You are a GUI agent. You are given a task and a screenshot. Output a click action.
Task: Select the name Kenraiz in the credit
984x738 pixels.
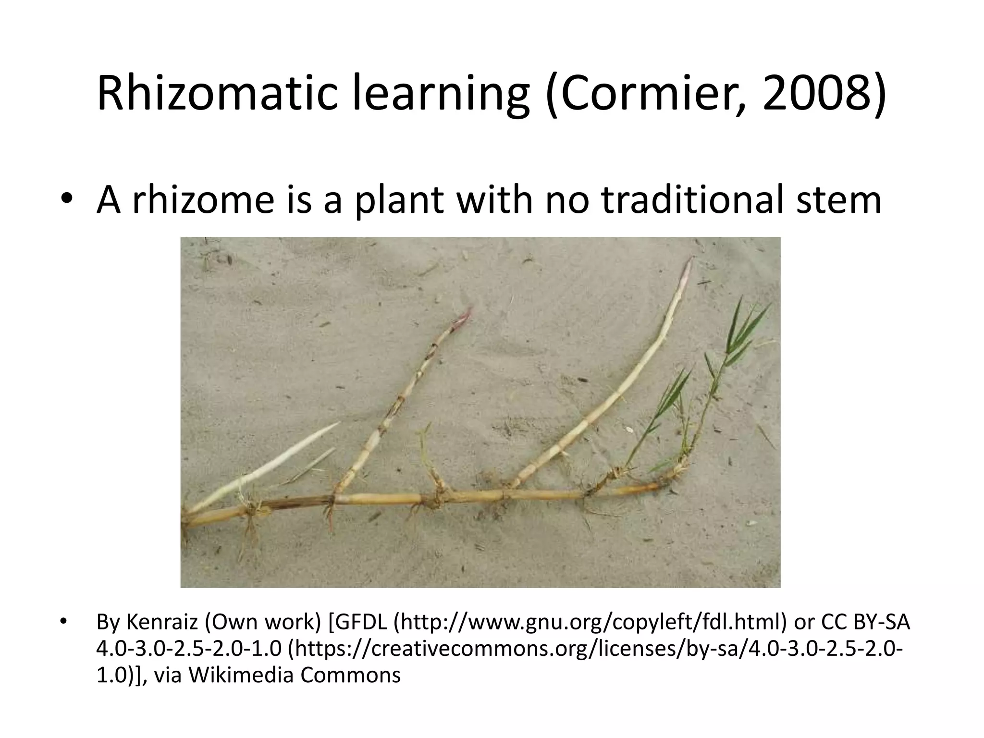coord(162,622)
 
